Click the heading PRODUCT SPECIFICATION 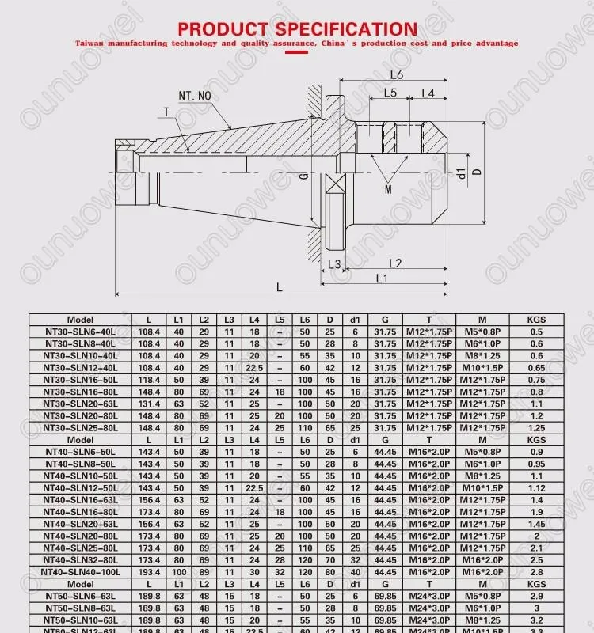pos(297,29)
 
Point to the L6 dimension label pos(397,74)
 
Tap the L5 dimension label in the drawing pos(390,93)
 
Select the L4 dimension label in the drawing pos(428,93)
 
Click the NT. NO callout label pos(194,96)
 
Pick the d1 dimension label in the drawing pos(460,172)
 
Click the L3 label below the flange pos(334,263)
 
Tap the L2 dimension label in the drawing pos(395,263)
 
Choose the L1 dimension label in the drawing pos(381,279)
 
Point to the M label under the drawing pos(388,190)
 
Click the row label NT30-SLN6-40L pos(80,332)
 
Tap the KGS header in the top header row pos(537,320)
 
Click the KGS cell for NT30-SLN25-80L pos(537,427)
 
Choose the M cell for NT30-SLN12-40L pos(482,368)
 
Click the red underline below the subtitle pos(296,52)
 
